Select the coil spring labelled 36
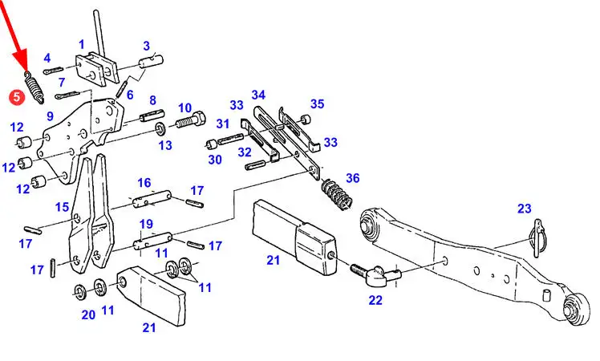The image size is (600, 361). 336,197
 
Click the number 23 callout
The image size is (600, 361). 524,209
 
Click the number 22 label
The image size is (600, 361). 375,301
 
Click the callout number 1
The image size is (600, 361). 81,43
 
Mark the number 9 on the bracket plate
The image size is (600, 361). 50,117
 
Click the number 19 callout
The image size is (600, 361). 146,224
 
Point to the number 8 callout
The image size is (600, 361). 152,100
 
